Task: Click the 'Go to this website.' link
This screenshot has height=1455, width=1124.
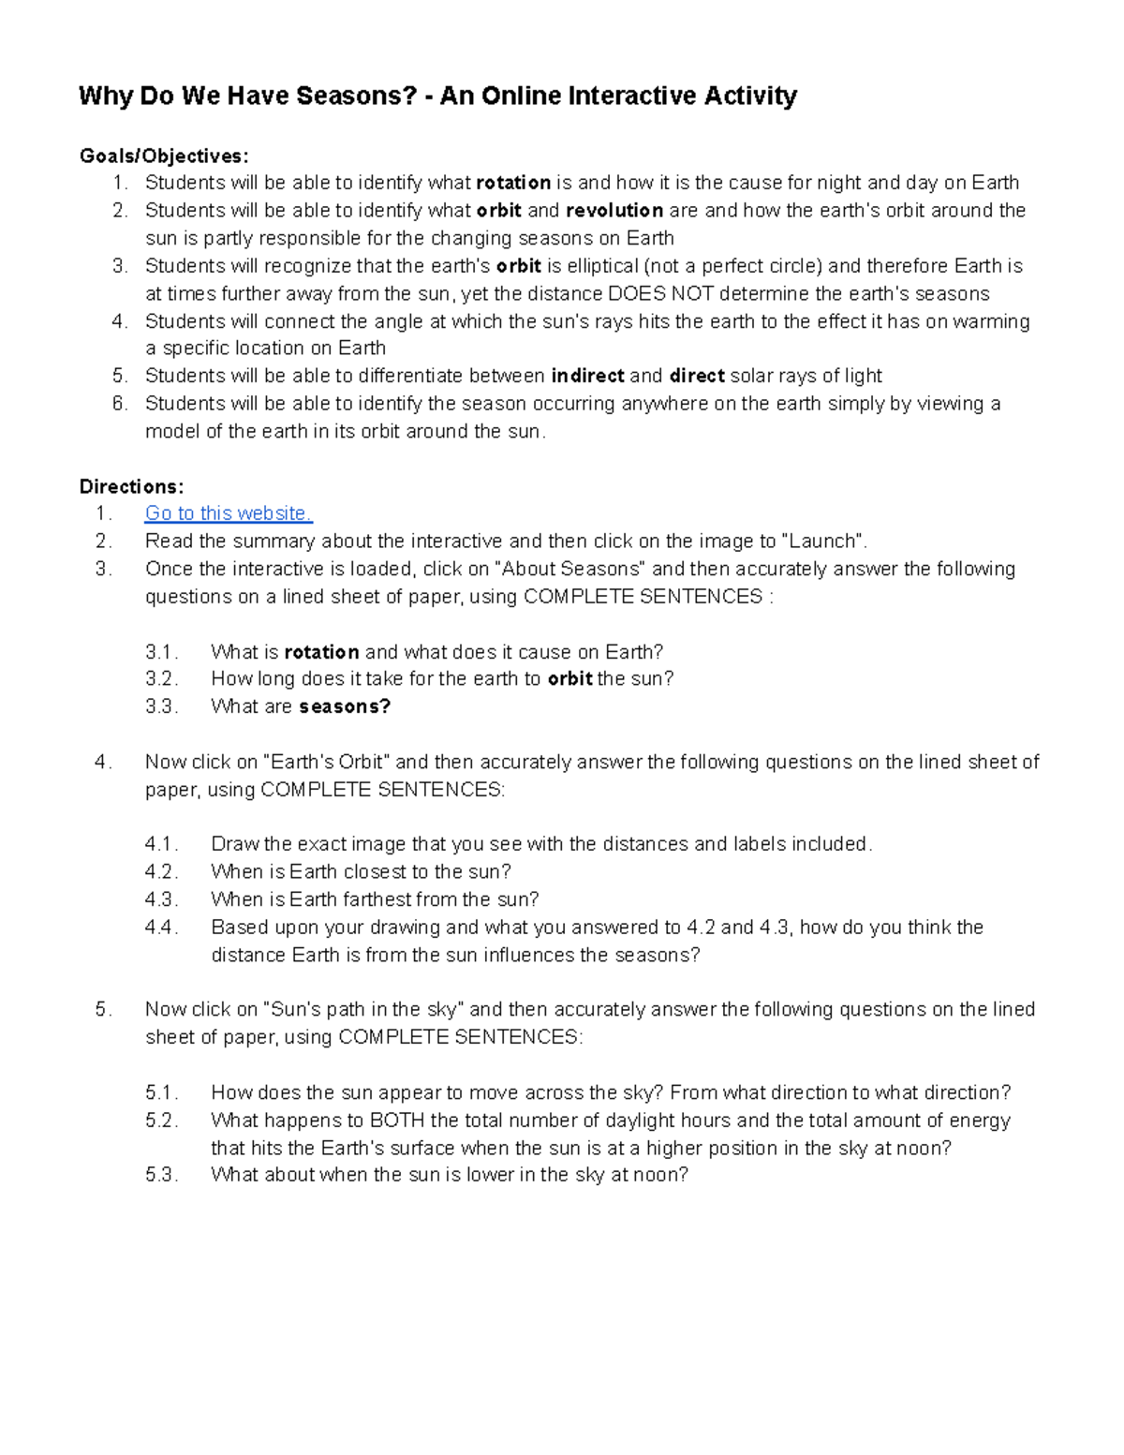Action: click(229, 513)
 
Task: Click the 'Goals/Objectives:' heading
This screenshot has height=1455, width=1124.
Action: click(164, 156)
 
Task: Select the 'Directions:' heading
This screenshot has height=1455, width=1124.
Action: click(131, 486)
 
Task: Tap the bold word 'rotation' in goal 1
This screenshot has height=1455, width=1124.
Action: click(513, 183)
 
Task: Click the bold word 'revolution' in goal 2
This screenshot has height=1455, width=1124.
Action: click(614, 211)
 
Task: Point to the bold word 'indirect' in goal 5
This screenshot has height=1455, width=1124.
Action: click(587, 377)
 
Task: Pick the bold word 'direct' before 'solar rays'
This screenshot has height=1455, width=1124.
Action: click(697, 377)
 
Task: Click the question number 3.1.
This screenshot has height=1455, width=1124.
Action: click(161, 652)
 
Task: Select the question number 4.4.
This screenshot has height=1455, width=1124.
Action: click(161, 928)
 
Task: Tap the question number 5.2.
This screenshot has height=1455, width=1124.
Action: click(161, 1121)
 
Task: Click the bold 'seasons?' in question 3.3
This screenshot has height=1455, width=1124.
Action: click(345, 707)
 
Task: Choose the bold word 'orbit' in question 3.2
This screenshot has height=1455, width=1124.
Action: click(569, 679)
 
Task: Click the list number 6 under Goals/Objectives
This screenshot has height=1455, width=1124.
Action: click(119, 404)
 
